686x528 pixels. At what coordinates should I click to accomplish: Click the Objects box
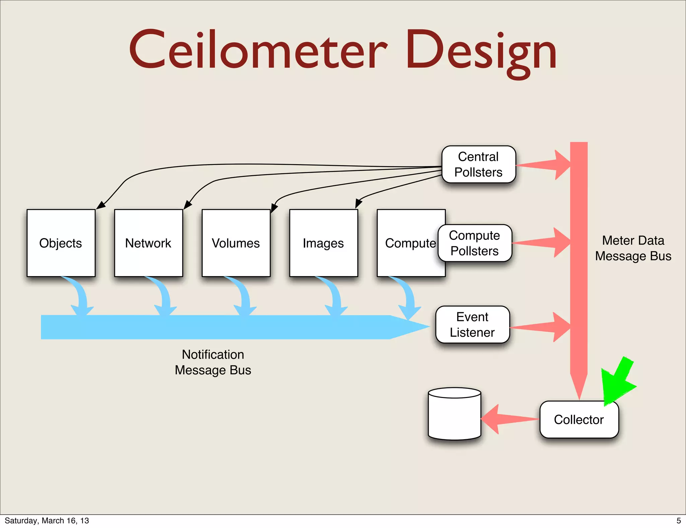pyautogui.click(x=61, y=243)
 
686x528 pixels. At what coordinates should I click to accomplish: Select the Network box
pyautogui.click(x=148, y=243)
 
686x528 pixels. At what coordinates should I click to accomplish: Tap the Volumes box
pyautogui.click(x=236, y=243)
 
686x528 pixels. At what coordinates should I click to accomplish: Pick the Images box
pyautogui.click(x=323, y=243)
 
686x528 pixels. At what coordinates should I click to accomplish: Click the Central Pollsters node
pyautogui.click(x=478, y=164)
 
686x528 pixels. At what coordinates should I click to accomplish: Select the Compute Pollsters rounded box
pyautogui.click(x=475, y=243)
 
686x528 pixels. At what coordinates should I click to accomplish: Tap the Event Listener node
pyautogui.click(x=472, y=325)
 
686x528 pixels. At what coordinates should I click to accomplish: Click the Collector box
pyautogui.click(x=579, y=419)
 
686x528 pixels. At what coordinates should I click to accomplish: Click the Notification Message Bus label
pyautogui.click(x=213, y=362)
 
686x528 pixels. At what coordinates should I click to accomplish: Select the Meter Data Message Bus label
pyautogui.click(x=633, y=248)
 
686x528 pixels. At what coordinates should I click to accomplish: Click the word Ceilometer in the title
pyautogui.click(x=258, y=50)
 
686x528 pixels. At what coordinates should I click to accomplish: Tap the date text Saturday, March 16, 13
pyautogui.click(x=47, y=521)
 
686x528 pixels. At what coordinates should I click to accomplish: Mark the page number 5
pyautogui.click(x=679, y=521)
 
